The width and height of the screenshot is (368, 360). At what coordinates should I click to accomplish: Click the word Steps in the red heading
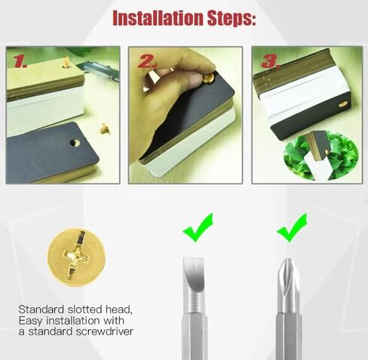click(x=232, y=19)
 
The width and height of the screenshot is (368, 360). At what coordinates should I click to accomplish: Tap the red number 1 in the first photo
click(x=20, y=61)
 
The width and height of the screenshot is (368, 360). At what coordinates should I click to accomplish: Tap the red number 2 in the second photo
click(x=147, y=62)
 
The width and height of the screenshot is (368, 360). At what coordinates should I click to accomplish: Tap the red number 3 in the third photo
click(x=271, y=61)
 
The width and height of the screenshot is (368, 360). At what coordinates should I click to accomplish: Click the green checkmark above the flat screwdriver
click(x=198, y=227)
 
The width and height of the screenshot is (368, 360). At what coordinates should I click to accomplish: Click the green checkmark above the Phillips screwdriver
click(x=292, y=227)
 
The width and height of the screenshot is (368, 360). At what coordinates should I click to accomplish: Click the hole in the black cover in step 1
click(x=75, y=143)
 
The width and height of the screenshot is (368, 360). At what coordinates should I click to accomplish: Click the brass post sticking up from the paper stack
click(x=66, y=63)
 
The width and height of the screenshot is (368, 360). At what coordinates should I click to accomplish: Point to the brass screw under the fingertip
click(x=208, y=78)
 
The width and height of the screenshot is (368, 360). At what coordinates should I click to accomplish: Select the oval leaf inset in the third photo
click(x=320, y=155)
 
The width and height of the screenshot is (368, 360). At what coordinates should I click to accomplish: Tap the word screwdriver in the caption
click(x=104, y=331)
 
